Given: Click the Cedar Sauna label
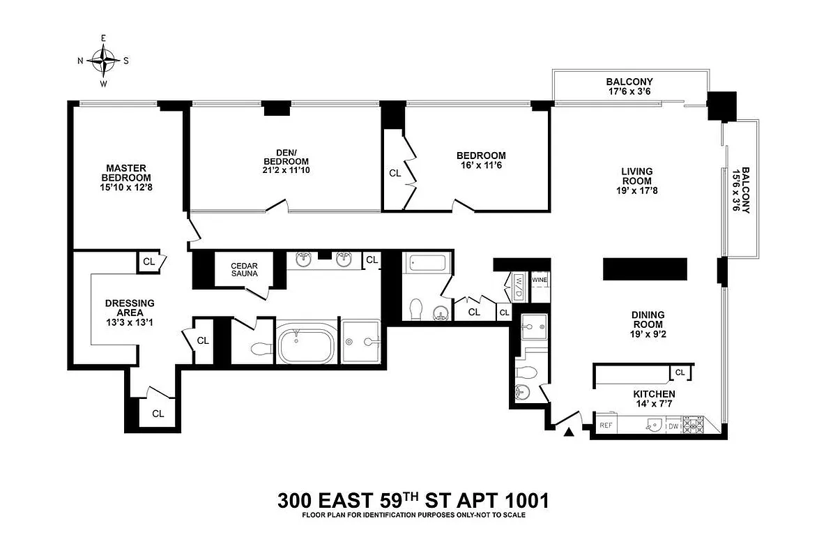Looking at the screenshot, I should pos(245,270).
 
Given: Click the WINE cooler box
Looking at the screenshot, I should pos(540,280).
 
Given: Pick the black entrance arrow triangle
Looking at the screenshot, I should pos(569,432).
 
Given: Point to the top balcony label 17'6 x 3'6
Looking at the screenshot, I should pos(629,91).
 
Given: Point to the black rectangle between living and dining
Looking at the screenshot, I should pos(645,269).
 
